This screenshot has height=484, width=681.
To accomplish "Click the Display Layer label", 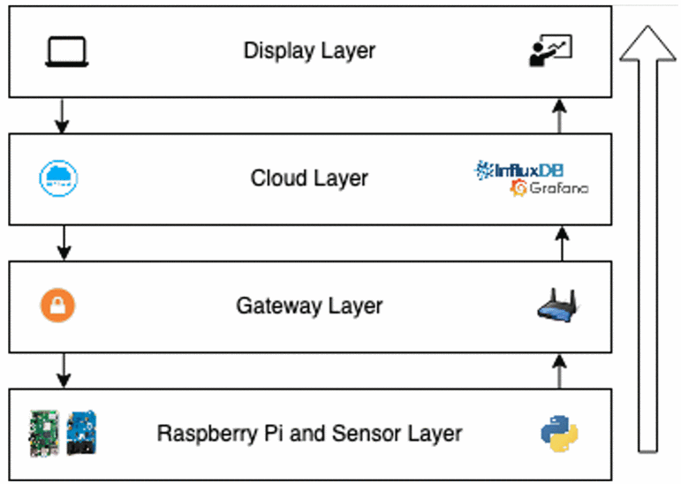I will [x=309, y=50].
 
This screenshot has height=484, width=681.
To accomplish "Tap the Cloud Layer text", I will [x=309, y=178].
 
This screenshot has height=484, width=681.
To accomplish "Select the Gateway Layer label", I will [x=309, y=306].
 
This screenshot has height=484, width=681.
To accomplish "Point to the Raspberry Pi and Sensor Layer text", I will [x=309, y=434].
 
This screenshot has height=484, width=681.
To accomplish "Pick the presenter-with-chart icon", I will [x=550, y=51].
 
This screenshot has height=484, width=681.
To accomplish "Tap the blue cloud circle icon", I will [x=60, y=178].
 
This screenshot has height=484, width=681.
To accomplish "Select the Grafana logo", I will [x=549, y=188].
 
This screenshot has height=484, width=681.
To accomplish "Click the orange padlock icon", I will [x=57, y=306].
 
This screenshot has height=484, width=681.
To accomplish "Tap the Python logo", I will [x=559, y=435].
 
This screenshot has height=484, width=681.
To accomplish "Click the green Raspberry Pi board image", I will [x=42, y=433].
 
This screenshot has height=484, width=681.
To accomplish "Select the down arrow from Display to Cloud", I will [x=61, y=115].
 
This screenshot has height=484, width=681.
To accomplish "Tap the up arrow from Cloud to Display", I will [x=559, y=115].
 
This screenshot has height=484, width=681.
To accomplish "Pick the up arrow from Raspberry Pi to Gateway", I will [x=559, y=370].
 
